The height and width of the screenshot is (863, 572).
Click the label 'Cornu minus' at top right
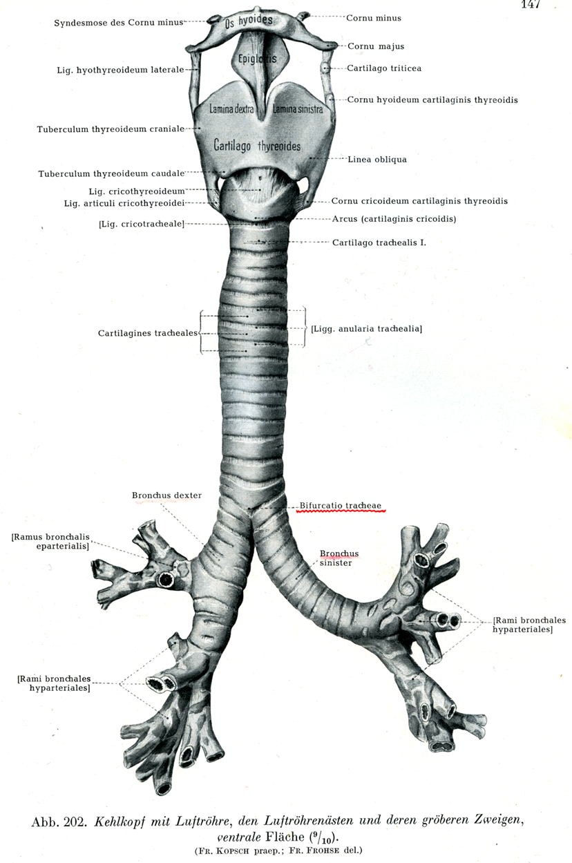click(374, 18)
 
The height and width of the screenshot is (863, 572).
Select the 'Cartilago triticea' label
click(384, 68)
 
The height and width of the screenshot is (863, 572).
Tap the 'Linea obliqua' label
click(377, 159)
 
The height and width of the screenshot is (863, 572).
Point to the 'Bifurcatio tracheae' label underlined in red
click(341, 506)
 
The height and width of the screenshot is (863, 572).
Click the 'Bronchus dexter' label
click(166, 495)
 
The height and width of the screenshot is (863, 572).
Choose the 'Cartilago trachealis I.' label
click(379, 243)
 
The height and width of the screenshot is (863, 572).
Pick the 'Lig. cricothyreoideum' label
click(137, 191)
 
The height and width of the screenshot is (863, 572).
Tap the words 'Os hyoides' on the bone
click(249, 21)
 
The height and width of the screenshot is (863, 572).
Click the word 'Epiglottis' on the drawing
click(257, 59)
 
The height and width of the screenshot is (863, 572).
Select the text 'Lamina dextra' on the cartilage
click(231, 109)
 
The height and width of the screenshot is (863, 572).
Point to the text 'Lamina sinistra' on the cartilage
click(297, 109)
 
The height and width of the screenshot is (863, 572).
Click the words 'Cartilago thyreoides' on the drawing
click(257, 146)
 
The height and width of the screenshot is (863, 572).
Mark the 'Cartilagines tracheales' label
click(148, 333)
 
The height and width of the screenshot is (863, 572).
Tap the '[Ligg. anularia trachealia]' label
click(366, 329)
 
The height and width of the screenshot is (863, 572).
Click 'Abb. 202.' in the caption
click(58, 822)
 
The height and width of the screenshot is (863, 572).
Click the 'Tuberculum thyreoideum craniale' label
click(111, 129)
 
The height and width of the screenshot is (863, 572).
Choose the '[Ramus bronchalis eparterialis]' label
click(50, 541)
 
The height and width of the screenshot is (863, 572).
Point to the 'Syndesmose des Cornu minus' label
click(119, 23)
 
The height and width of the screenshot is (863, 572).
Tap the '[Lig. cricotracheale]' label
click(142, 224)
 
